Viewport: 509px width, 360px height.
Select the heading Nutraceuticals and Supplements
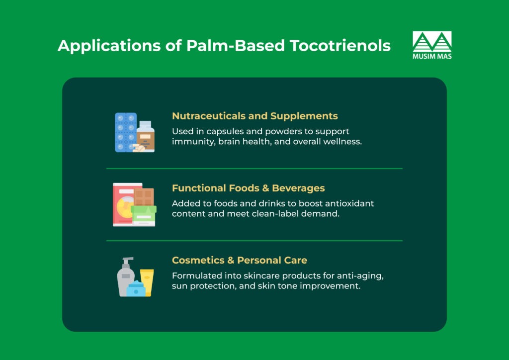point(254,116)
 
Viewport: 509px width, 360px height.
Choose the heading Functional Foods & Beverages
point(248,188)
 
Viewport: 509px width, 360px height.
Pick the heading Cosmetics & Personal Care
point(239,260)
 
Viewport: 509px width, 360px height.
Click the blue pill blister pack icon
point(125,132)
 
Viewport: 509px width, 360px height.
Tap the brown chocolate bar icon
point(144,196)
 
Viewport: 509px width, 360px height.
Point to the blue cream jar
point(136,289)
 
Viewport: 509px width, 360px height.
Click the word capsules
point(221,131)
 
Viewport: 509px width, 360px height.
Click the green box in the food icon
point(144,214)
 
